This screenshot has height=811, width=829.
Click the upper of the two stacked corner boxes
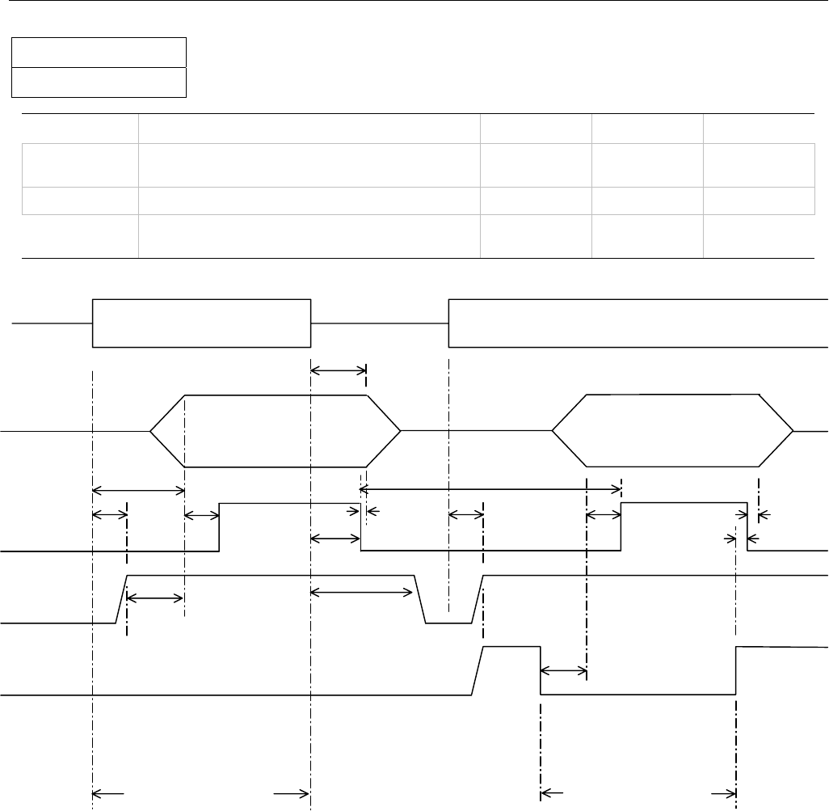coord(99,52)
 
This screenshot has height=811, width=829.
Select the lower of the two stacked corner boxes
coord(99,82)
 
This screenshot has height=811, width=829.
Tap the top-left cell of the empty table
coord(79,129)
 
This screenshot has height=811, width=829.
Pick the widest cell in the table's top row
coord(309,129)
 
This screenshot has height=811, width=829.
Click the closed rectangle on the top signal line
coord(202,323)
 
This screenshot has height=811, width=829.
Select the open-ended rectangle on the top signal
coord(638,323)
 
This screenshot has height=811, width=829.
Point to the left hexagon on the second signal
coord(276,432)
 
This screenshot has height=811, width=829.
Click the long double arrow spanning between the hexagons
coord(490,488)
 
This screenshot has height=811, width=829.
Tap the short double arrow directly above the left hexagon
coord(338,370)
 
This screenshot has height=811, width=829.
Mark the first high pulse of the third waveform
coord(289,526)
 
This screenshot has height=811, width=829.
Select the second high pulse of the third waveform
coord(684,526)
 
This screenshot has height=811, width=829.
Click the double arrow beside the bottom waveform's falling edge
coord(562,670)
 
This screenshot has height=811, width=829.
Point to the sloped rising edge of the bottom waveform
coord(477,670)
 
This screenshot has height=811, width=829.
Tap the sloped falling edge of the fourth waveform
coord(420,599)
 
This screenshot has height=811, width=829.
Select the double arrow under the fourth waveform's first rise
coord(156,598)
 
